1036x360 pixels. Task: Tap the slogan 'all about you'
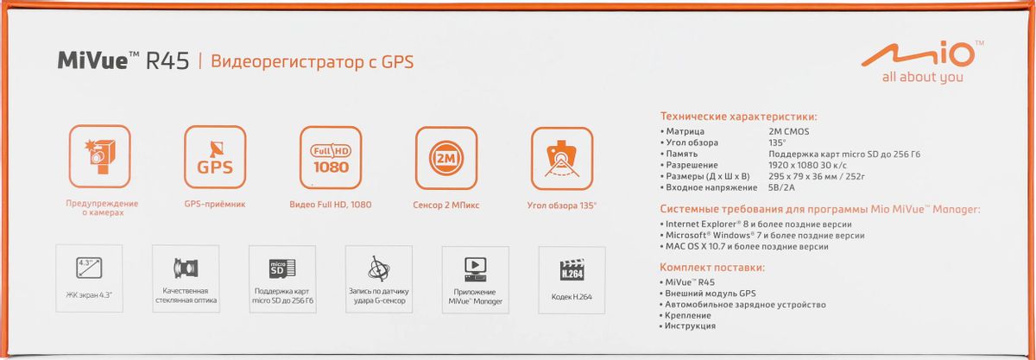922,77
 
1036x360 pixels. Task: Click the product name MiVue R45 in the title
123,60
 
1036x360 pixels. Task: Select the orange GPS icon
215,157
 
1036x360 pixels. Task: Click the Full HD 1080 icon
331,157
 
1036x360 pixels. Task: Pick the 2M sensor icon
446,158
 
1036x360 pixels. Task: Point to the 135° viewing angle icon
562,159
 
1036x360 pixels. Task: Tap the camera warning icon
100,156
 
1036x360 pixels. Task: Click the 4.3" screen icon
89,268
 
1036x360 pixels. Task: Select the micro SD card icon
282,268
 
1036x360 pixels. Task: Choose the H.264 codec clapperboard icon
572,269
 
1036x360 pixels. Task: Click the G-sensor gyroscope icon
379,268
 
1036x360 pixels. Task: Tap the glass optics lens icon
186,268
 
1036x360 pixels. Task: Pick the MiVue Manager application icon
476,269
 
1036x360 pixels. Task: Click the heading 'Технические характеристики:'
739,117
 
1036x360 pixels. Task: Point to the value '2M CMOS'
789,131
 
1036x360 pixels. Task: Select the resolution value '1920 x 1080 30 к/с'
807,165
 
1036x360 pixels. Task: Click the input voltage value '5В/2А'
781,187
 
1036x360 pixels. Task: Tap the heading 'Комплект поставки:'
712,268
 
